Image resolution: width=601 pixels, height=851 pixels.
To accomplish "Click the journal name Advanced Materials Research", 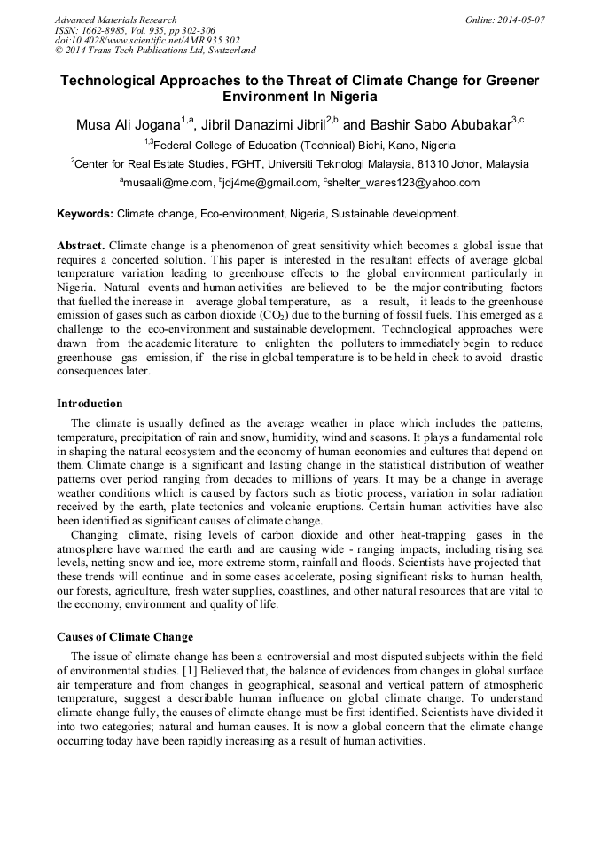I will (x=115, y=20).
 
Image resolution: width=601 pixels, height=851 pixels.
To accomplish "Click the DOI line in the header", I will (x=147, y=40).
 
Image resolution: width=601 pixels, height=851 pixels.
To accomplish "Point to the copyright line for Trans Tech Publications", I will (x=155, y=51).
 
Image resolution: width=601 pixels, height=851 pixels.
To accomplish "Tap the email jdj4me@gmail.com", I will (x=273, y=183).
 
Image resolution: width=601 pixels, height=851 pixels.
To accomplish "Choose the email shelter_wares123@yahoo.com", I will (x=403, y=183).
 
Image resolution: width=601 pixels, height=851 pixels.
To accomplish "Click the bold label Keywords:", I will (x=85, y=214).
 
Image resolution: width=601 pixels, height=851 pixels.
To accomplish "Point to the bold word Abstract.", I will (x=82, y=245).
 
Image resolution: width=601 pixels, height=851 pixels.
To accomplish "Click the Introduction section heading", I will (x=90, y=404).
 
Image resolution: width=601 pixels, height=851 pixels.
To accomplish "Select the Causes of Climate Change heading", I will (x=125, y=637).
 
